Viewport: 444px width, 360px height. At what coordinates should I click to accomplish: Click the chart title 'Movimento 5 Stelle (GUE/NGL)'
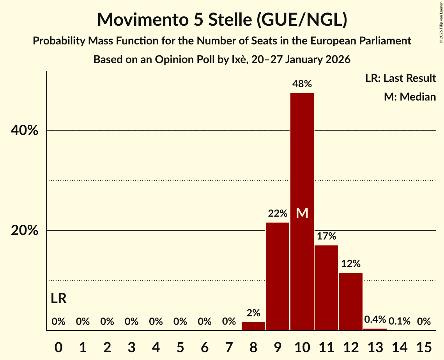[x=222, y=20]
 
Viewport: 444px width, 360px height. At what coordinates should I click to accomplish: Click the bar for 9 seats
[x=278, y=276]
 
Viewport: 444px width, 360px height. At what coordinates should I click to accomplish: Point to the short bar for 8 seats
[x=253, y=326]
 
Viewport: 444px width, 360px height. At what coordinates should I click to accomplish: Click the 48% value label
[x=302, y=84]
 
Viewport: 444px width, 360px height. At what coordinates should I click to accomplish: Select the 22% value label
[x=278, y=214]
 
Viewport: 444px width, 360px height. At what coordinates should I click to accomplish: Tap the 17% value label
[x=326, y=236]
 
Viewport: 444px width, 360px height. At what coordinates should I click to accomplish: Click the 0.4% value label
[x=375, y=320]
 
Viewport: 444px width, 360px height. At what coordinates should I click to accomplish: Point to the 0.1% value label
[x=400, y=321]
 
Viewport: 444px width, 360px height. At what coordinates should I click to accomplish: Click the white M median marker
[x=302, y=213]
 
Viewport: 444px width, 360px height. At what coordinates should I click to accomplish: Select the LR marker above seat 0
[x=58, y=298]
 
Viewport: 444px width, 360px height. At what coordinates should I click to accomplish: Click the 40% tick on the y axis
[x=25, y=131]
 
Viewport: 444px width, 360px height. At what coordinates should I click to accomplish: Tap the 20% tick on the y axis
[x=25, y=231]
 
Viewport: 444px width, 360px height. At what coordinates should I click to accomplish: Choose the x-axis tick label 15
[x=424, y=346]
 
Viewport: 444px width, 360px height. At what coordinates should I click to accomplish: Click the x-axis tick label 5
[x=180, y=346]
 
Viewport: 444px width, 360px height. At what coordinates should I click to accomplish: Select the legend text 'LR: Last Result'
[x=400, y=78]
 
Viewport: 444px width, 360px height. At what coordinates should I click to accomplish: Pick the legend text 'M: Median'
[x=410, y=97]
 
